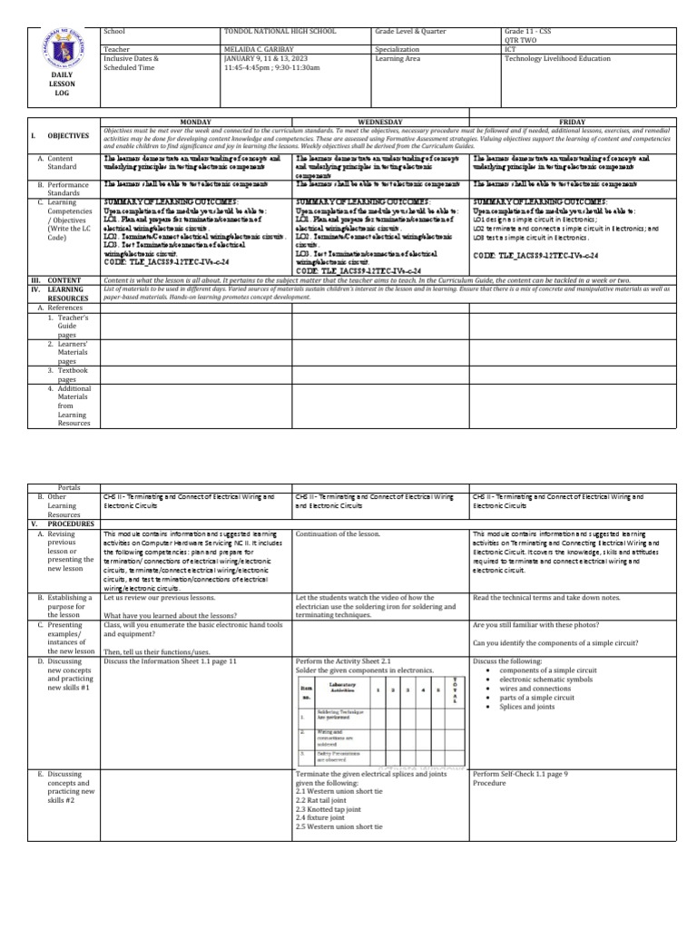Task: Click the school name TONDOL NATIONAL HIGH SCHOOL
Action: coord(275,31)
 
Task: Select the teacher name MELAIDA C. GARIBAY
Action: coord(260,50)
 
